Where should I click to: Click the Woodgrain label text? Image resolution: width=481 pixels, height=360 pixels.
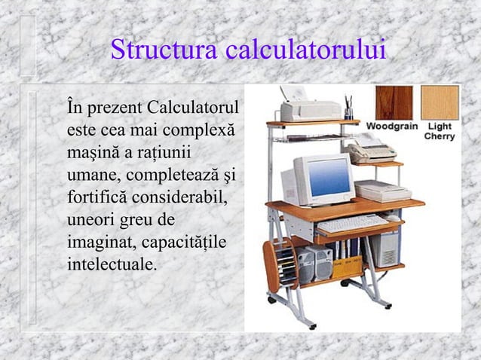click(392, 126)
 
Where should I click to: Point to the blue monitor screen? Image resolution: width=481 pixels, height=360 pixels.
click(329, 178)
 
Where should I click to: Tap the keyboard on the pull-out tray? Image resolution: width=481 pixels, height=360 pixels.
click(351, 223)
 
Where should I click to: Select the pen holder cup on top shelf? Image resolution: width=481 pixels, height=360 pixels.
click(348, 110)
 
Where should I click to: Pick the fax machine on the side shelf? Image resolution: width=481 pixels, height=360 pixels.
click(371, 151)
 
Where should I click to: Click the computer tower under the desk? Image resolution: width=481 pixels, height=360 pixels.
click(386, 248)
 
